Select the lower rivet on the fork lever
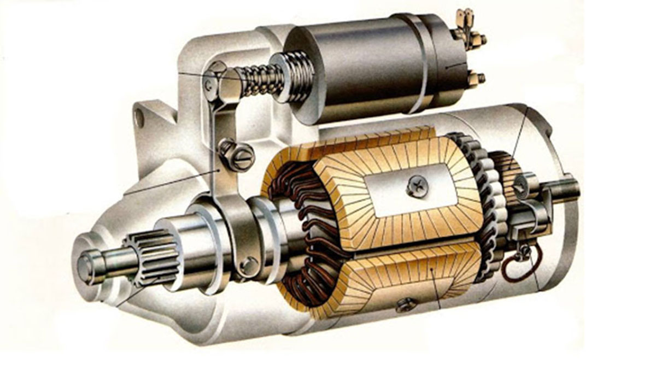pyautogui.click(x=249, y=265)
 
